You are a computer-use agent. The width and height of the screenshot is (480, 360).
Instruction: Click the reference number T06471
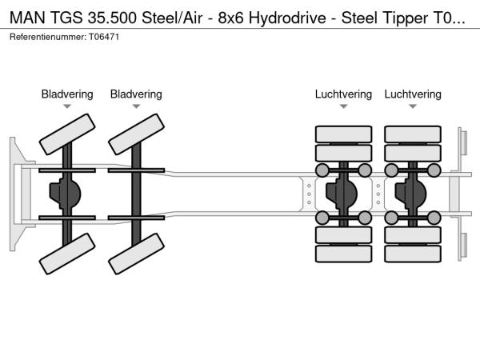[105, 38]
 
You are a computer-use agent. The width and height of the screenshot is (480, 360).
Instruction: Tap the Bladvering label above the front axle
[67, 94]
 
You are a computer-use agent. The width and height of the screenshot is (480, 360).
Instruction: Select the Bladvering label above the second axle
[136, 94]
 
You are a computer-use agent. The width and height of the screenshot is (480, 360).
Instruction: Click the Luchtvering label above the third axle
[343, 94]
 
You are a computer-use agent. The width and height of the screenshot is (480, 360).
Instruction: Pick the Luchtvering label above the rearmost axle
[413, 94]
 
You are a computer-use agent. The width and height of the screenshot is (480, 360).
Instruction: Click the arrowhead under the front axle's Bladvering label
[67, 106]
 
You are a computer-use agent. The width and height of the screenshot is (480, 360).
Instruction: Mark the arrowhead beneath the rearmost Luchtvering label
[413, 106]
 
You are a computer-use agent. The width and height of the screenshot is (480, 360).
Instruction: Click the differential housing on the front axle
[66, 194]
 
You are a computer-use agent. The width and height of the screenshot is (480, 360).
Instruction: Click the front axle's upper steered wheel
[66, 134]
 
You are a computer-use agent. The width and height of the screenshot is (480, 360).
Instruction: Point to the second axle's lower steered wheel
[135, 253]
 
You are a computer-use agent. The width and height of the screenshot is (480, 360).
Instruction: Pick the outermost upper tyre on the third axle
[343, 133]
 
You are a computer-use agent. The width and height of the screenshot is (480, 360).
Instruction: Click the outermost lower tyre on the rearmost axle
[413, 254]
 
